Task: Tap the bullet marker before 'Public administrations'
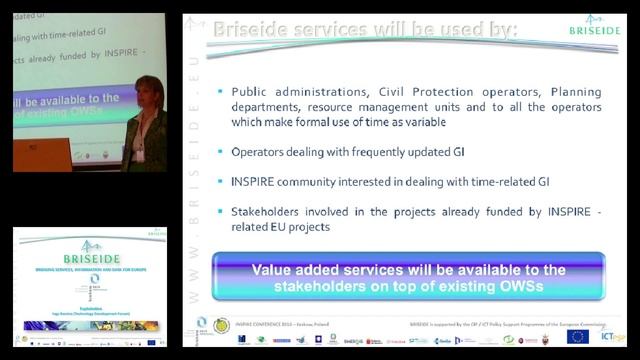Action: click(x=220, y=91)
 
